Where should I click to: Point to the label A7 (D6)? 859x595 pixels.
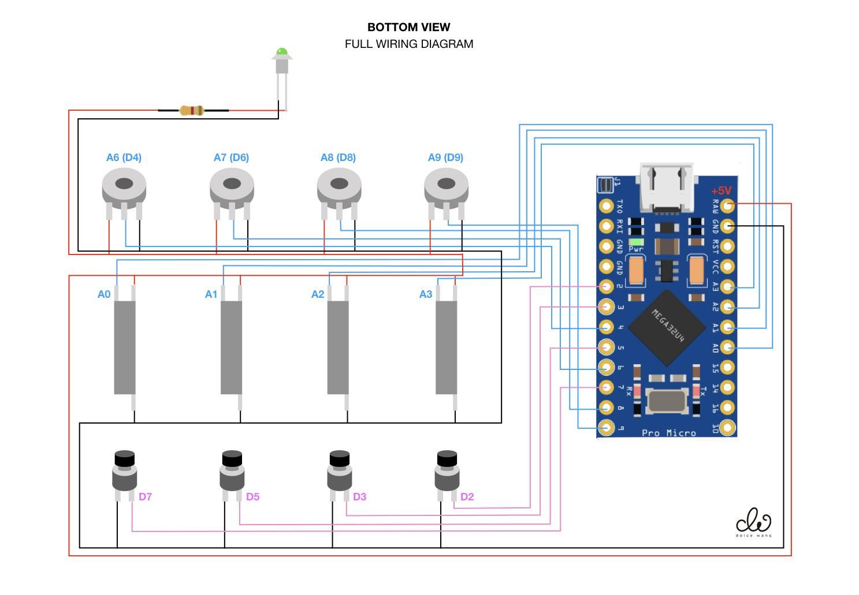coord(231,158)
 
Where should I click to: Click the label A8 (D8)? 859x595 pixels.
coord(338,158)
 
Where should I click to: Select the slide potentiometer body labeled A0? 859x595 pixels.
coord(125,347)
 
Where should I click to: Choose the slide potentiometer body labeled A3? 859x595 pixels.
coord(446,347)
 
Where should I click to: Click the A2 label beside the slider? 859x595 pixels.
coord(318,294)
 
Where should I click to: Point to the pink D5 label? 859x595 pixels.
coord(252,496)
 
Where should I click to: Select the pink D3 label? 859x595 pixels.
coord(359,496)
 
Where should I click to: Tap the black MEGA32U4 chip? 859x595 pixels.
coord(667,328)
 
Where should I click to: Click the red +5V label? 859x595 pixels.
coord(721,190)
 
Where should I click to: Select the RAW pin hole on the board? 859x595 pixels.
coord(728,205)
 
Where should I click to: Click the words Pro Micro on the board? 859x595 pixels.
coord(669,433)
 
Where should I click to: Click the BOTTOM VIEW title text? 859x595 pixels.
coord(408,27)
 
